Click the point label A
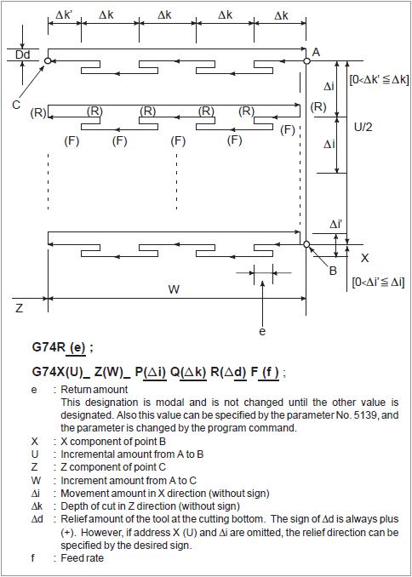316,53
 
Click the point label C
16,104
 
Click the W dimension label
174,288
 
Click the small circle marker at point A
306,60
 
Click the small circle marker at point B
306,245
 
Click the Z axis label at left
18,307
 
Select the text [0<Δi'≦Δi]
372,280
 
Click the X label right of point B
364,257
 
